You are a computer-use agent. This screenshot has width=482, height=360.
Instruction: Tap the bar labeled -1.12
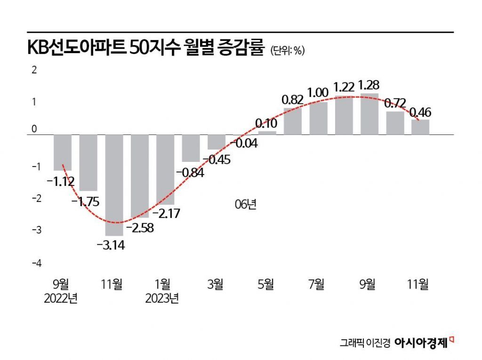63,152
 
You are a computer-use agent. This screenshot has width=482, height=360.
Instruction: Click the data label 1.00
318,93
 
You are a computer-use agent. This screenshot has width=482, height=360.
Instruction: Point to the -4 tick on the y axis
36,263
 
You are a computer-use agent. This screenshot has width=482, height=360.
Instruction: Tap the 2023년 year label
162,298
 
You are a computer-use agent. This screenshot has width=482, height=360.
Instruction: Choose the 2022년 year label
61,298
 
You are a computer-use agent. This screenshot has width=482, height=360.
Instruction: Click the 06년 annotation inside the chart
245,205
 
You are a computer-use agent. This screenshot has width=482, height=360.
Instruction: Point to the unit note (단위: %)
288,51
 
